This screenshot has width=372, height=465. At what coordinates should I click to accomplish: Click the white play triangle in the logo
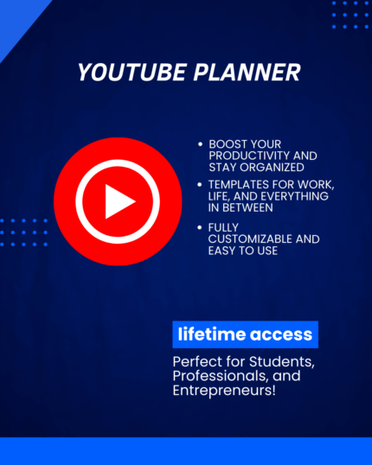(x=119, y=201)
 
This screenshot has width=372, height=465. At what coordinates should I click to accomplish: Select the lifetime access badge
(x=245, y=334)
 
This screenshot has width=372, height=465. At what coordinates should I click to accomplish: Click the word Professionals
(x=216, y=375)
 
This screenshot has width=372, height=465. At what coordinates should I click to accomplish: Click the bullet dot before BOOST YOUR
(x=201, y=143)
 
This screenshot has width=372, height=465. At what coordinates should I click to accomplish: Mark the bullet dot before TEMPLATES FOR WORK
(x=201, y=185)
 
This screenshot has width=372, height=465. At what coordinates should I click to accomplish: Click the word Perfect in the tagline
(x=196, y=359)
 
